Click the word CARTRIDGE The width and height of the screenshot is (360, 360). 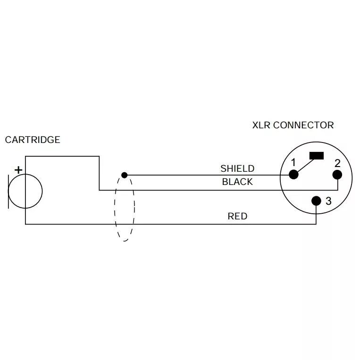tap(33, 140)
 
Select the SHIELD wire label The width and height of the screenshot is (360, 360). tap(237, 168)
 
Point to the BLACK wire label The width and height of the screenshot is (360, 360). tap(237, 182)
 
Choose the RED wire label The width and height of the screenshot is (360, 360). tap(237, 217)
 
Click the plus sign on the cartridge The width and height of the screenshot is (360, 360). tap(18, 169)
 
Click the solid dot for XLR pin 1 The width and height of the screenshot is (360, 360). tap(293, 175)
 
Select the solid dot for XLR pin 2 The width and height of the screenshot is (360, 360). tap(337, 175)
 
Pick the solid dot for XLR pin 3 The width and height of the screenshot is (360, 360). tap(316, 201)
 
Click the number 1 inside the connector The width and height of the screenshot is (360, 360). tap(293, 163)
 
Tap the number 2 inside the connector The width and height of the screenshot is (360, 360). tap(337, 163)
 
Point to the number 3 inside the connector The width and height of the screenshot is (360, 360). tap(329, 201)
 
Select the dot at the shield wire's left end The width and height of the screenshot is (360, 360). tap(125, 175)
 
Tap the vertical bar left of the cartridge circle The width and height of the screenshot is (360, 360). tap(8, 191)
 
